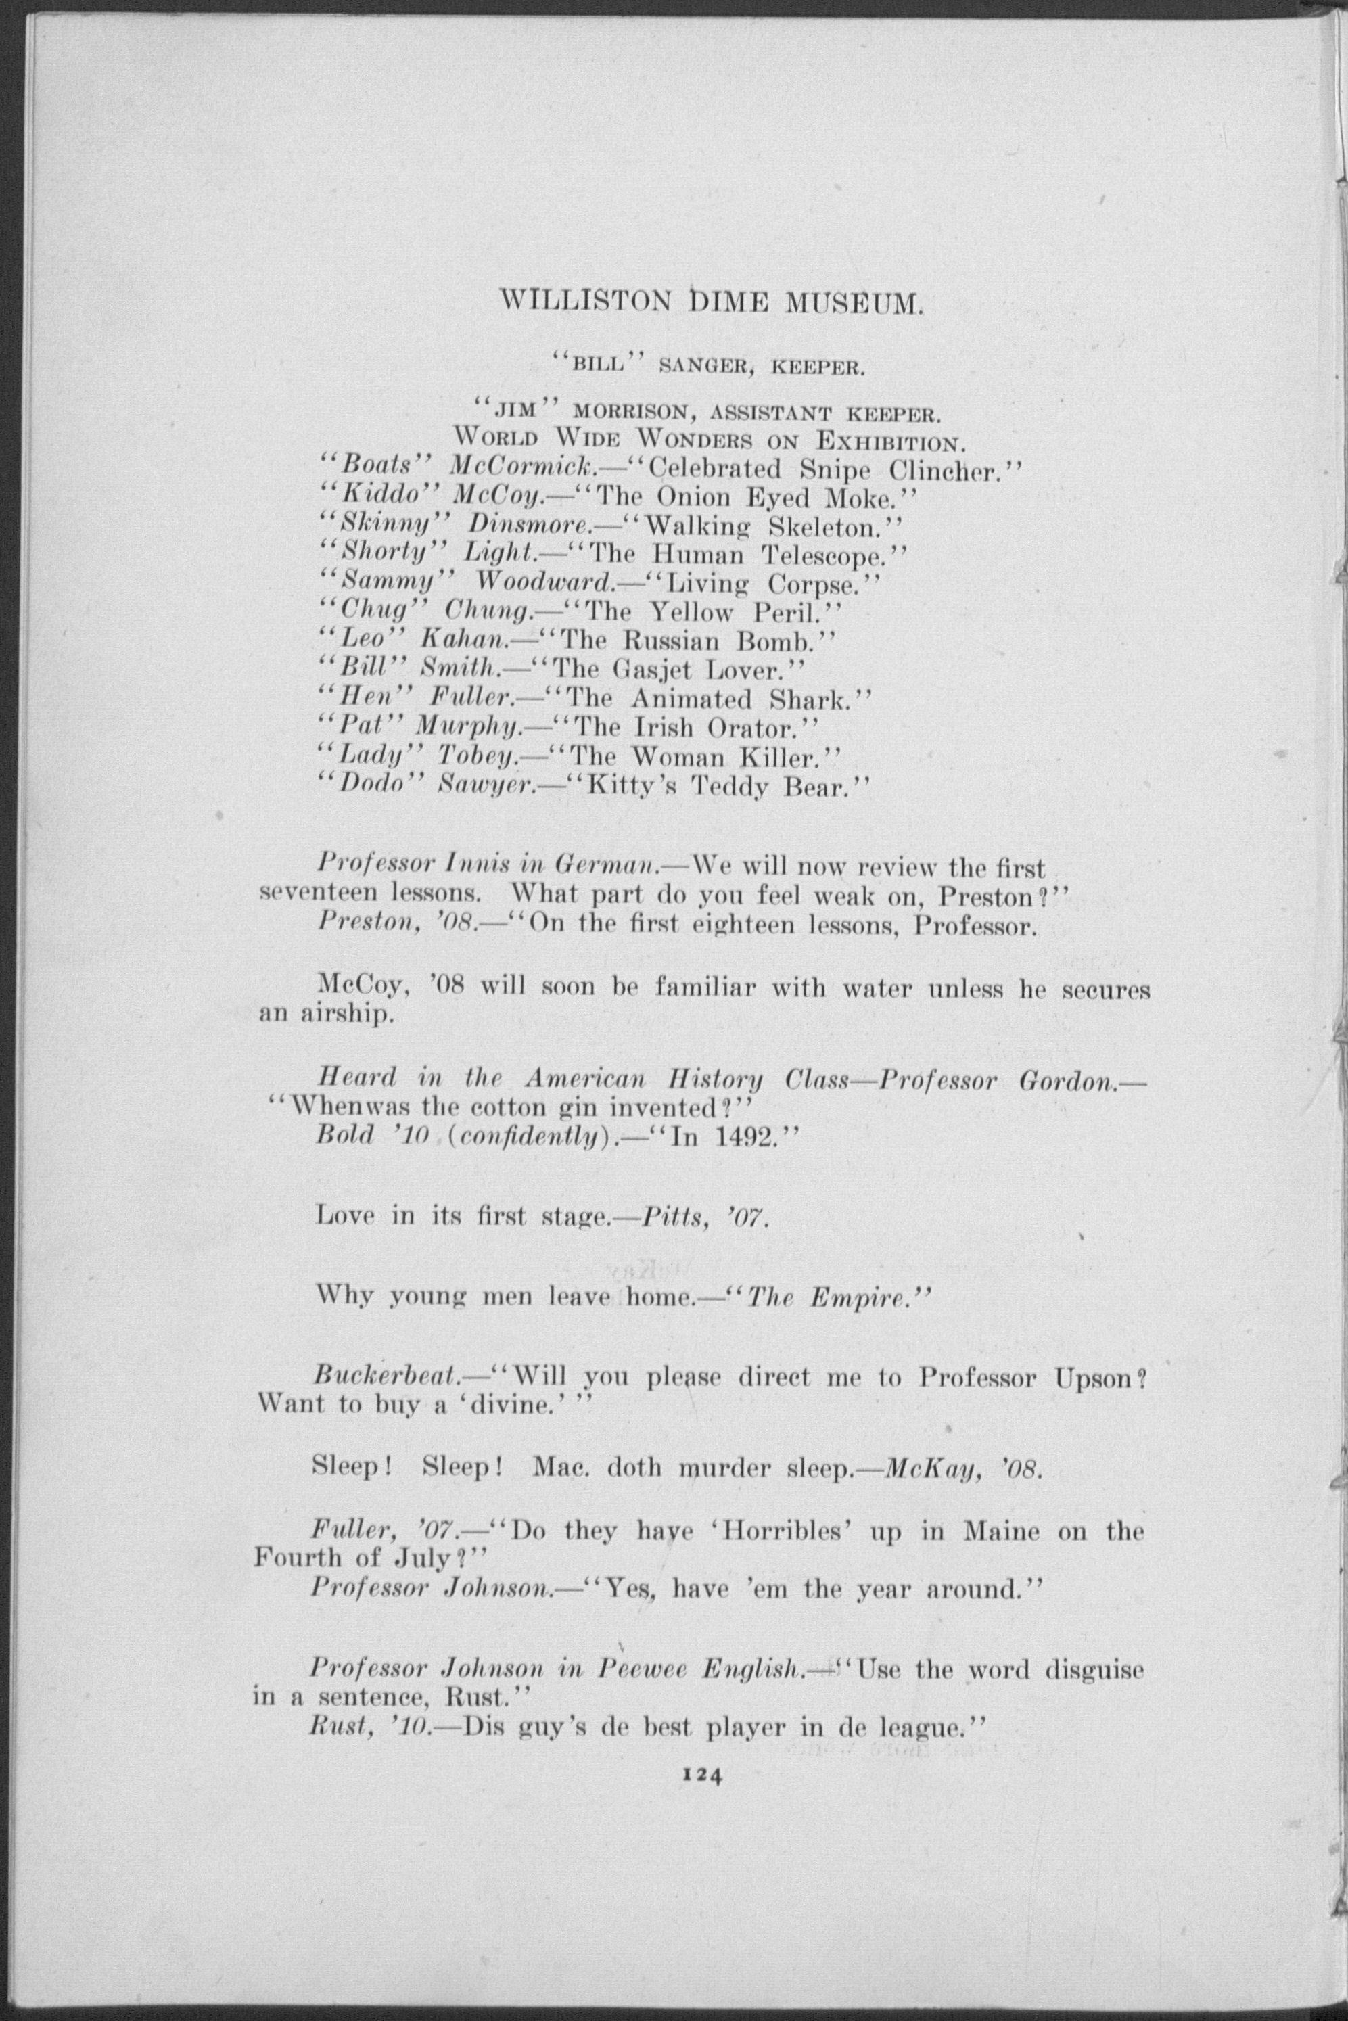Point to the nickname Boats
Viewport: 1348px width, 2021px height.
[375, 469]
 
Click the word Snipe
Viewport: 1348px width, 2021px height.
[837, 469]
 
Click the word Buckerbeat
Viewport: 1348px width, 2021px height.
[384, 1378]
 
